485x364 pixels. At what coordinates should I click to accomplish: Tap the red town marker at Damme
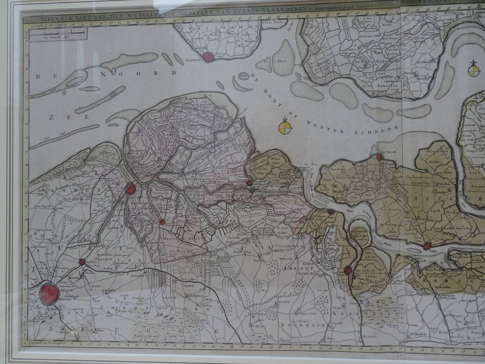point(82,262)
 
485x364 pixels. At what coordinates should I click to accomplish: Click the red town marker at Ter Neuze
point(380,156)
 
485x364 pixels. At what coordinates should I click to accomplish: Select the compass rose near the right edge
point(474,70)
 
